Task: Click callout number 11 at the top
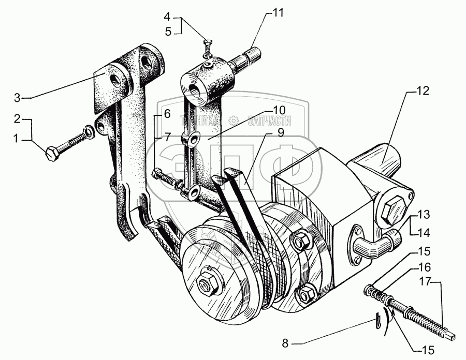(x=279, y=13)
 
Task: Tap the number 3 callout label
(x=17, y=97)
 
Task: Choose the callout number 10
(x=279, y=110)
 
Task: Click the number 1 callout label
(x=17, y=139)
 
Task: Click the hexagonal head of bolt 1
(x=52, y=153)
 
